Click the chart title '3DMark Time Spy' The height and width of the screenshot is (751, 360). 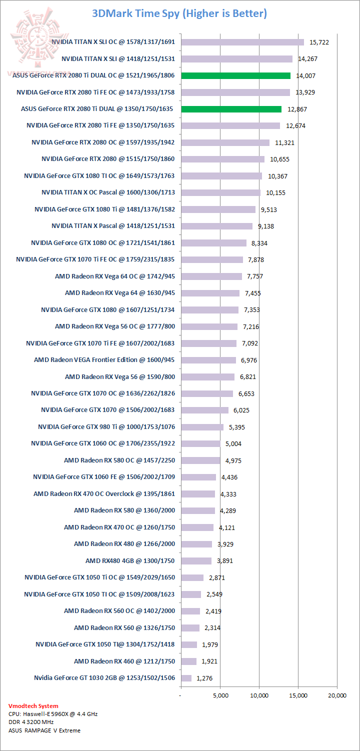point(179,13)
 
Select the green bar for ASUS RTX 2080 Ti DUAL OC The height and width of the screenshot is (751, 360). point(235,75)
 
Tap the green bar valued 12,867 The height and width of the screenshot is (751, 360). point(231,109)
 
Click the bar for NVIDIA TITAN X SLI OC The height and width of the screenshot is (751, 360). point(242,42)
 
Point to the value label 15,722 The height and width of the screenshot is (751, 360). point(319,42)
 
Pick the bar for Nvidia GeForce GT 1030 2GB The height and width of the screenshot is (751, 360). point(186,678)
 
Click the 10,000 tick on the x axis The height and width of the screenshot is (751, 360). point(259,695)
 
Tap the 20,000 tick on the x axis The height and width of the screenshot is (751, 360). point(337,695)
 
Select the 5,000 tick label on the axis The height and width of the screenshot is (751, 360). point(220,695)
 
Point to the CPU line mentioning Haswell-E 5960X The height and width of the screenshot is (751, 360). point(53,714)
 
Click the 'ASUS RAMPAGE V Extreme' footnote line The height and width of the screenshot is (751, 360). point(44,730)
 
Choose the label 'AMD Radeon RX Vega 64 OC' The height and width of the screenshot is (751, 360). point(115,276)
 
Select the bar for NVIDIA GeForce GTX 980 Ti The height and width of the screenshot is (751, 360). point(202,427)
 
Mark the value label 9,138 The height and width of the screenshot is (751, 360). point(267,226)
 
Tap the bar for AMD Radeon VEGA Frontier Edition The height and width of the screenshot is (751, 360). point(208,360)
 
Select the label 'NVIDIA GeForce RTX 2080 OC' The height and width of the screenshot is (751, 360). point(103,142)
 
